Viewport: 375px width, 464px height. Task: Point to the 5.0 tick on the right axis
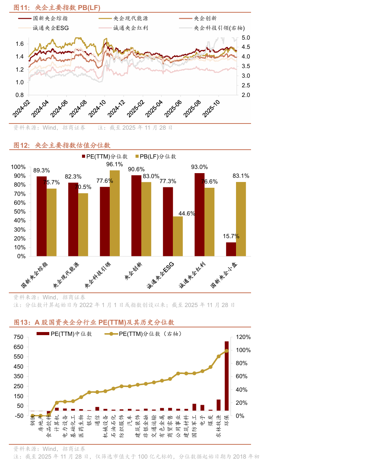pos(246,38)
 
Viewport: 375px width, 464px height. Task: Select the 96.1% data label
pos(114,164)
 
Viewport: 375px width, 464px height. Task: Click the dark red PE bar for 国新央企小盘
pos(231,249)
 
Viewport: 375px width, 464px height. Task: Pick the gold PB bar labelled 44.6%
pos(178,236)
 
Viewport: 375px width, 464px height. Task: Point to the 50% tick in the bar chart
pos(20,212)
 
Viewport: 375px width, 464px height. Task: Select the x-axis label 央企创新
pos(133,271)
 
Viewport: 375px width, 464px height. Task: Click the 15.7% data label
pos(231,236)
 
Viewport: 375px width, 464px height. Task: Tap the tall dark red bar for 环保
pos(226,376)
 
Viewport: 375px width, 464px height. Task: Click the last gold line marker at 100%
pos(226,351)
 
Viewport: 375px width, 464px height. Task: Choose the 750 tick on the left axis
pos(18,337)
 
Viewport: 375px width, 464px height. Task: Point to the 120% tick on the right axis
pos(243,337)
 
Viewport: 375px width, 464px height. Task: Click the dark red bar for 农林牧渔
pos(218,405)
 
